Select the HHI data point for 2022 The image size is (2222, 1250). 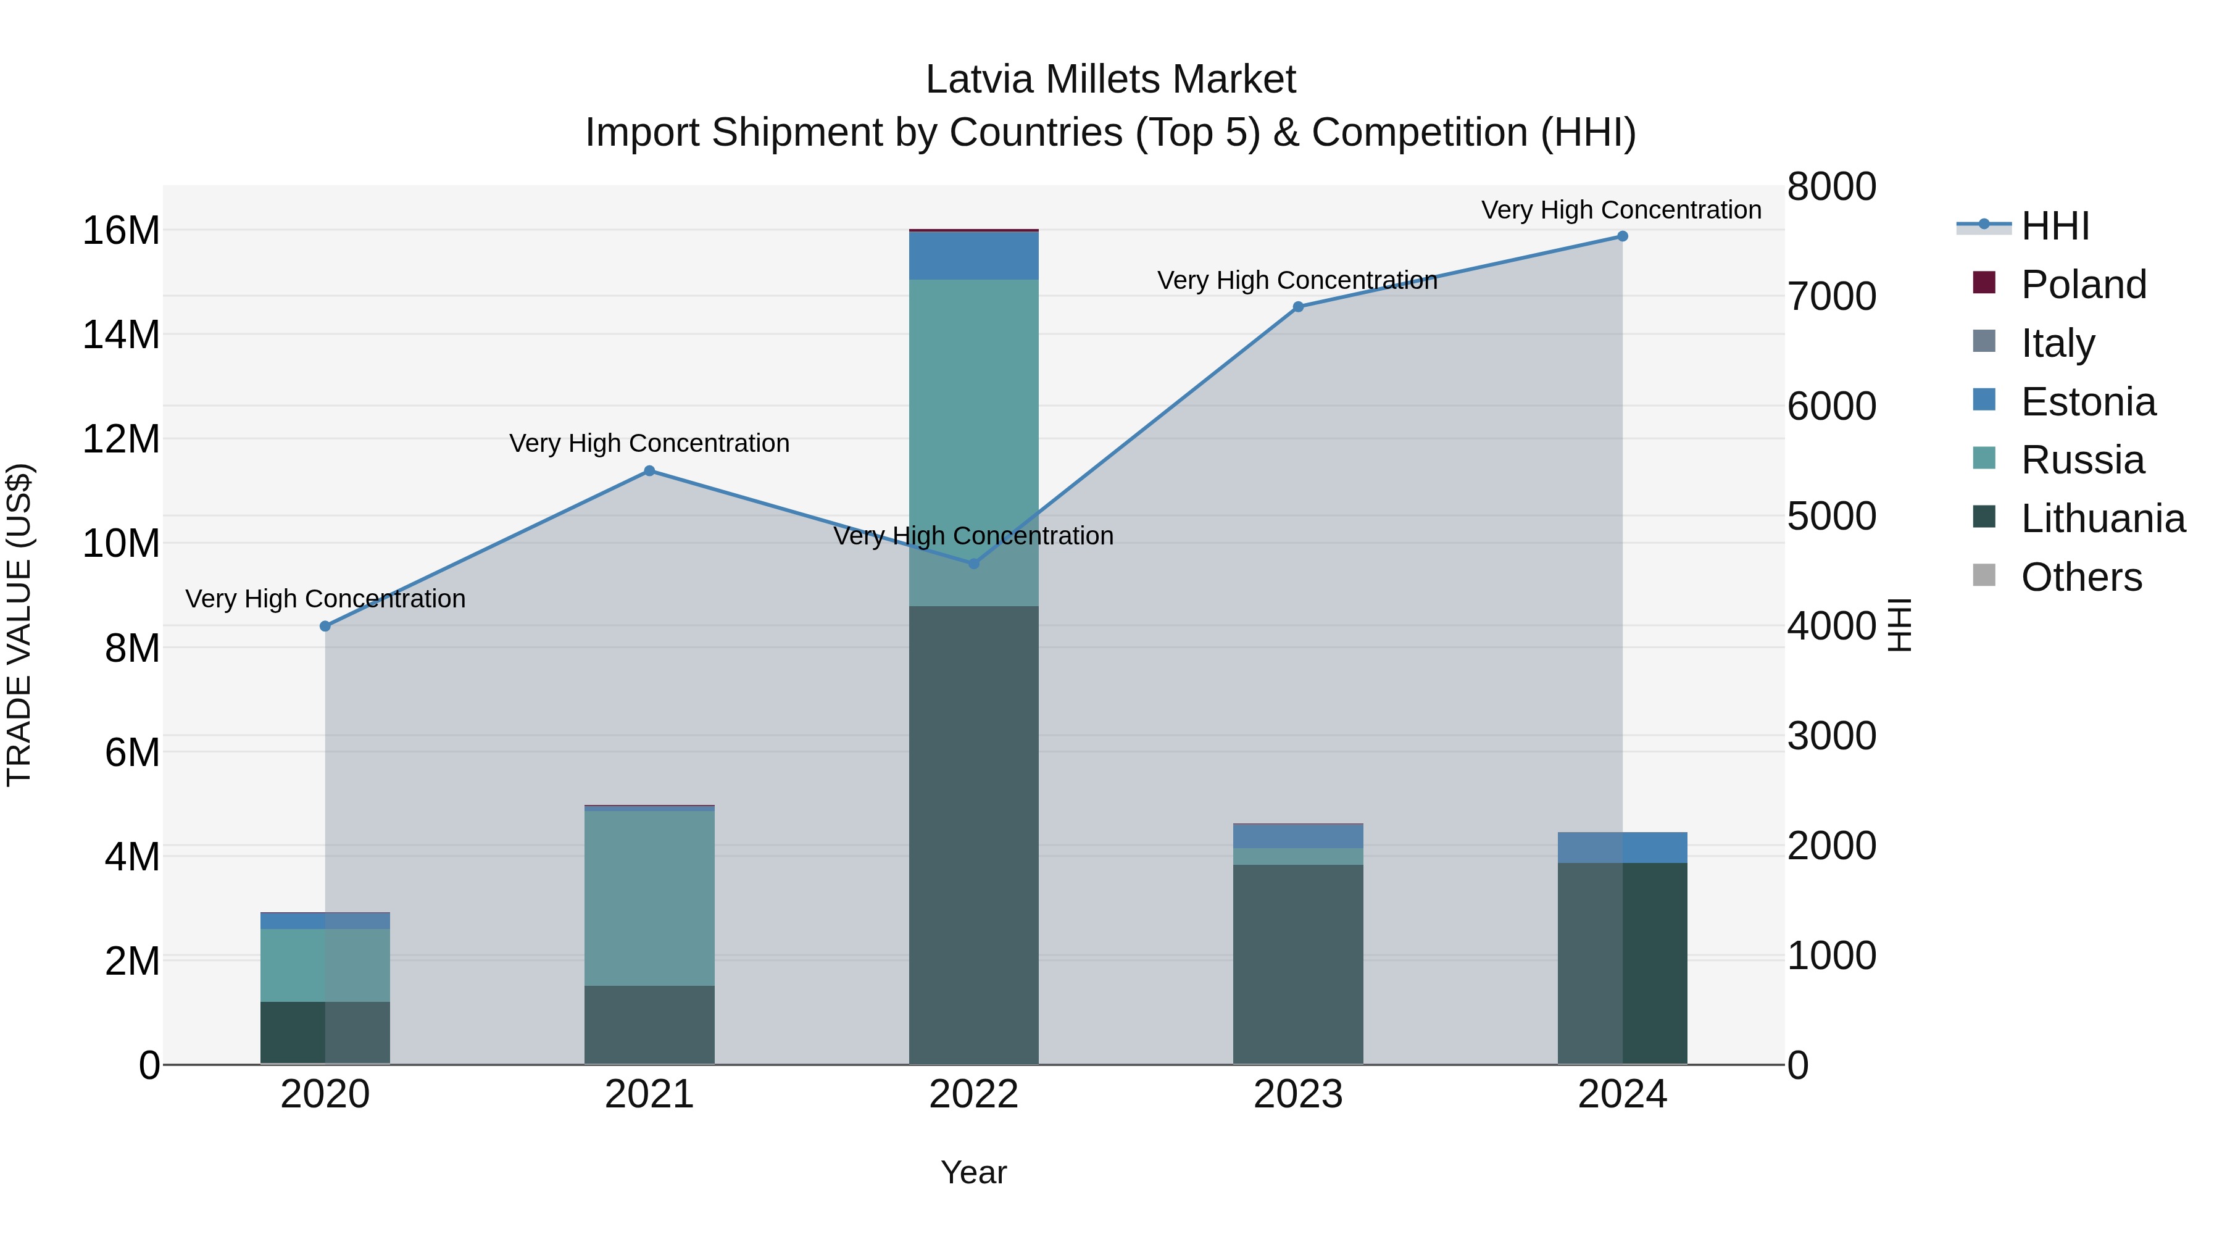[974, 564]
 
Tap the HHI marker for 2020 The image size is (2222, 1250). [325, 627]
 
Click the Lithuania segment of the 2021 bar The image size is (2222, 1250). [649, 1024]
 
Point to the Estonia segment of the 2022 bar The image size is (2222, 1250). [974, 256]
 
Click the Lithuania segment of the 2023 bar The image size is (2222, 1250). [1297, 964]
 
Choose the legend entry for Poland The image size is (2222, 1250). [2083, 285]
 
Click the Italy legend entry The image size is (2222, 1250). [2057, 343]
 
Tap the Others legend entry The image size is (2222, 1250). [2081, 577]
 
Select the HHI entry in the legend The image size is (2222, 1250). [2055, 226]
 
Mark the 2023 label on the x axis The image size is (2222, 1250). [1297, 1094]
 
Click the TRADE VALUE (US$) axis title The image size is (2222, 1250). [19, 625]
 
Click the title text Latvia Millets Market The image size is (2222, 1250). [1110, 80]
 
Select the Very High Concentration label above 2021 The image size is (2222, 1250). [649, 443]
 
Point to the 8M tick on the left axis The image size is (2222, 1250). [132, 649]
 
